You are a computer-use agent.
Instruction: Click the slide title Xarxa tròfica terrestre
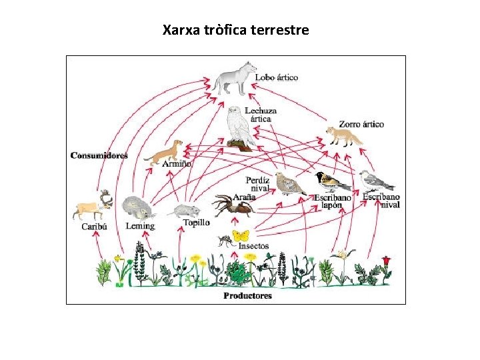pos(235,30)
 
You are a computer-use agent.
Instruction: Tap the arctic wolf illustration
pos(234,78)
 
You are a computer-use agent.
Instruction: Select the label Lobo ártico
pos(277,77)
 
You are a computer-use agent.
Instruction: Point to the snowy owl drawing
pos(238,126)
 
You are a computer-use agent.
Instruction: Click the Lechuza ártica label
pos(261,115)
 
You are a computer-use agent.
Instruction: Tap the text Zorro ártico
pos(361,124)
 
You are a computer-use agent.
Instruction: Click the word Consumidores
pos(99,155)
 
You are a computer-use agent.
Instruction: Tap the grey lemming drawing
pos(139,207)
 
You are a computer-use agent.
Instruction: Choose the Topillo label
pos(196,223)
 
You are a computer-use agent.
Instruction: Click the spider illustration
pos(233,205)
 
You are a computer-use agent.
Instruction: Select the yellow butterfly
pos(241,235)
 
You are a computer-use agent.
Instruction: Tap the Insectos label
pos(253,246)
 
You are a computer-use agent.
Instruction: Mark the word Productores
pos(247,295)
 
